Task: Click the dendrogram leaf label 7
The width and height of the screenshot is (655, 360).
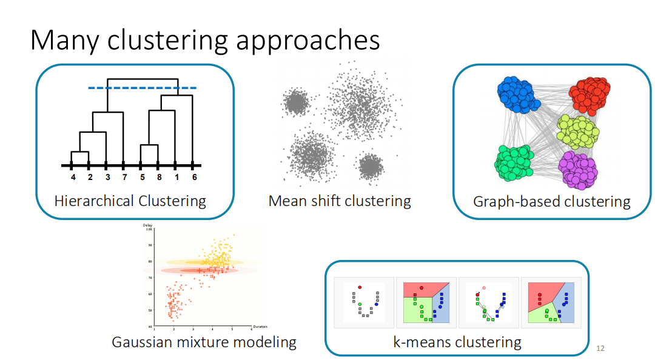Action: [124, 178]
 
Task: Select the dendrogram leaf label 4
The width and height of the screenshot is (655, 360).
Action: [73, 178]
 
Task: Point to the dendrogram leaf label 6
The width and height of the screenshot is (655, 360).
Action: [194, 178]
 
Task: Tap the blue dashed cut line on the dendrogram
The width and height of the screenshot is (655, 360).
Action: [143, 88]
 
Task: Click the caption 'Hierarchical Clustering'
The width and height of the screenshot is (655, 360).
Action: [130, 201]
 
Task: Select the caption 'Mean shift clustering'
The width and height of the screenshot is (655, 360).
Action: [340, 201]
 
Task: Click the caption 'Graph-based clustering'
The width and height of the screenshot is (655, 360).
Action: [551, 201]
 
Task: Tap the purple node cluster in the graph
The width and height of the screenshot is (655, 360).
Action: [577, 169]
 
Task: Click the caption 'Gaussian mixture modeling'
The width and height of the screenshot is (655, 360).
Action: [204, 342]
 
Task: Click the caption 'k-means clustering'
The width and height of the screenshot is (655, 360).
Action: [457, 342]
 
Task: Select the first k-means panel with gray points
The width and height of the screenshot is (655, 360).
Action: [363, 302]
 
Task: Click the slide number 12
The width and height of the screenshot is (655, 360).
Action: [600, 348]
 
